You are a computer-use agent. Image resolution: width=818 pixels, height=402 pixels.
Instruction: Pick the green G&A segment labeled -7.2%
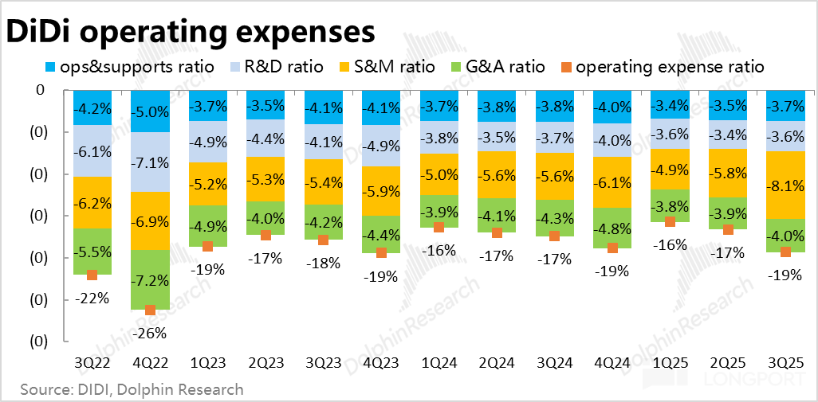click(x=150, y=280)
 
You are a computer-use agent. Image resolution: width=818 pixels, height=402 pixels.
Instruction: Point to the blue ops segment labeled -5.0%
click(x=150, y=111)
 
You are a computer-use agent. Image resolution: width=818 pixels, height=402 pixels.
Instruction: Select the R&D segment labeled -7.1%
click(x=150, y=162)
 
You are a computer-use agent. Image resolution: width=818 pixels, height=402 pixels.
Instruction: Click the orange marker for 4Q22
click(x=150, y=310)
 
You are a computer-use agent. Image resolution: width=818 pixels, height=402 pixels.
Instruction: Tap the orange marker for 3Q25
click(x=786, y=252)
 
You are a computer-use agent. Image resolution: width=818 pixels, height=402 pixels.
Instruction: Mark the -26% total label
click(x=150, y=331)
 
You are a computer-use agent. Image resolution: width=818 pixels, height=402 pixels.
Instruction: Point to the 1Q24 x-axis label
click(x=438, y=363)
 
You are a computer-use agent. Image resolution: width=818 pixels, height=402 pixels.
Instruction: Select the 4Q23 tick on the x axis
click(x=381, y=363)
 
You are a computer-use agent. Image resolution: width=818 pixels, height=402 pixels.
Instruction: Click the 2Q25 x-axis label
click(x=728, y=363)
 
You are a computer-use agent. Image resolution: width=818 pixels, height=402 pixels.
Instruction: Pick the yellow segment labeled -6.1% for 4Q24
click(x=612, y=182)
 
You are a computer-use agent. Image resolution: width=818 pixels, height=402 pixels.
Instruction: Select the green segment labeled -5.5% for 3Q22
click(x=92, y=251)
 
